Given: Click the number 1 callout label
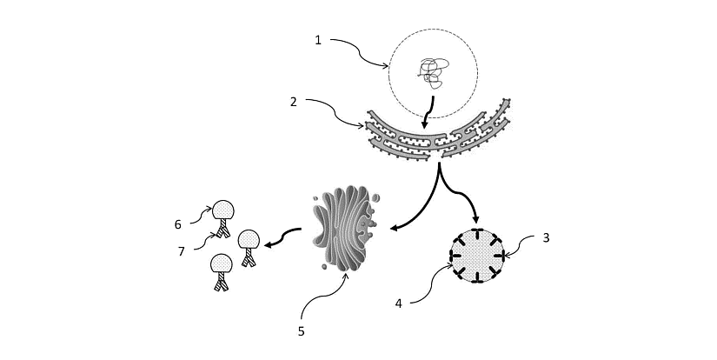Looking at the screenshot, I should pos(318,39).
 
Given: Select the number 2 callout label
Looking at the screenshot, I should pos(295,102).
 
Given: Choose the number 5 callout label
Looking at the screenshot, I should pos(301,330).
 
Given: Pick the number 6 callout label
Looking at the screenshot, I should pos(177,224).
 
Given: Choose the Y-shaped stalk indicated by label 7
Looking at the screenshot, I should pos(225,230).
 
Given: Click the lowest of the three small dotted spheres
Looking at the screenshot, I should pos(222,263).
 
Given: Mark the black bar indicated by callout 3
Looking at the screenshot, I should pos(503,255).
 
